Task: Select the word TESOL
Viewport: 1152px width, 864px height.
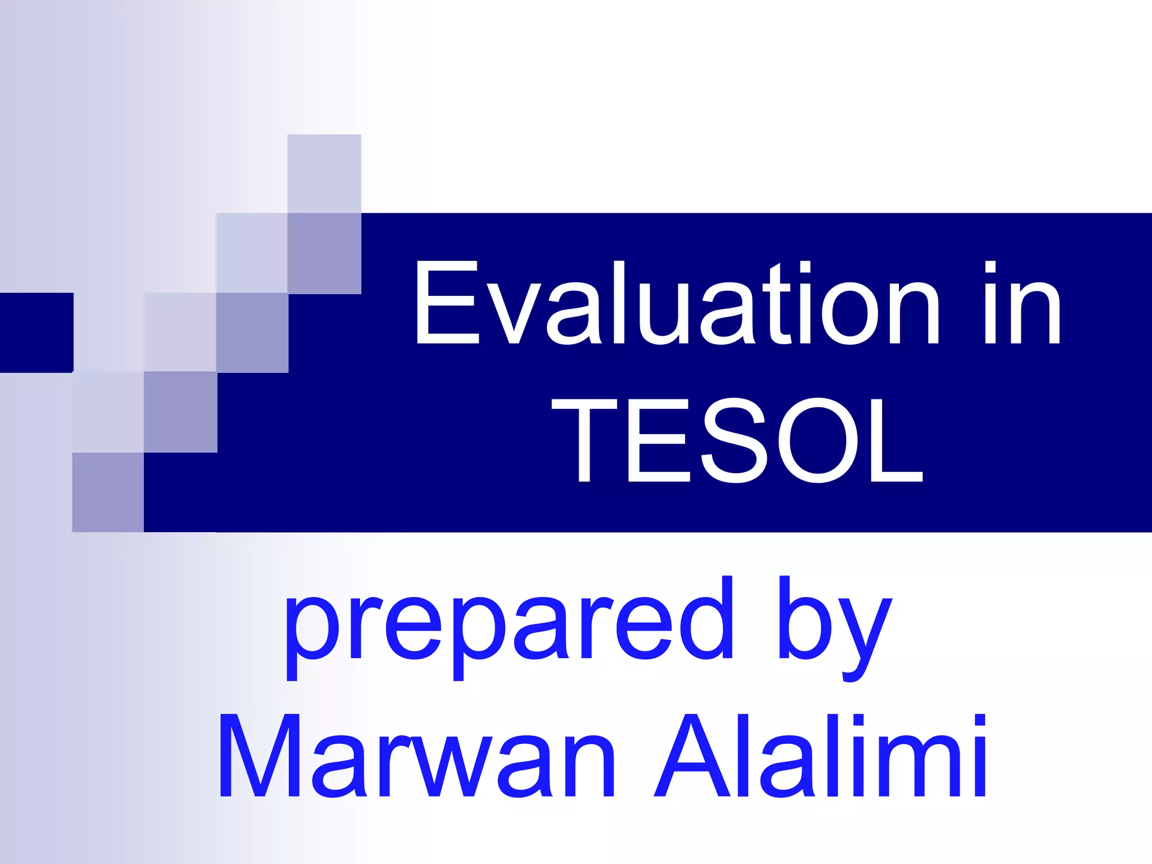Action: click(737, 440)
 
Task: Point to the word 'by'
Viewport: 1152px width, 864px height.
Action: click(835, 624)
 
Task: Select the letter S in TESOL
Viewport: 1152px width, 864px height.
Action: click(734, 440)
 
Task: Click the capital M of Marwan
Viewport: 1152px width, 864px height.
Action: click(262, 757)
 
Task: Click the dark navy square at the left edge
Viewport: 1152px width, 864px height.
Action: click(36, 332)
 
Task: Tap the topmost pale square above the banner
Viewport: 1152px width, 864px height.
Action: click(324, 173)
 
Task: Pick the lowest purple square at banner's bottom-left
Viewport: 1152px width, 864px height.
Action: click(107, 492)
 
